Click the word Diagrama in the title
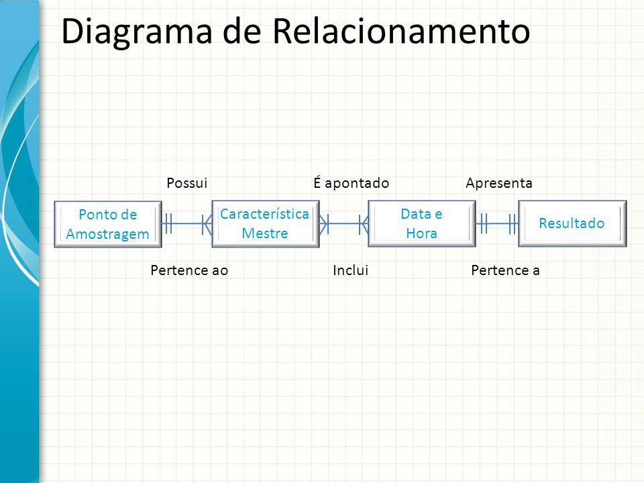(x=137, y=32)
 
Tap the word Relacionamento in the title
(x=401, y=31)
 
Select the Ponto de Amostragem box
(x=108, y=224)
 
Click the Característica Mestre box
(x=266, y=224)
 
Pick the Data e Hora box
(x=422, y=224)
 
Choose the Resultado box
(x=572, y=223)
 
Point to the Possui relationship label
(x=187, y=183)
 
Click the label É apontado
(x=351, y=182)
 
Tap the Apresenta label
(x=499, y=183)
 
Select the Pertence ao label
(x=189, y=270)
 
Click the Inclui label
(x=350, y=270)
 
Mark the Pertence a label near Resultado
(x=505, y=270)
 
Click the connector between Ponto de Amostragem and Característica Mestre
(x=187, y=224)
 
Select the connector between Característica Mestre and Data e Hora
(x=343, y=224)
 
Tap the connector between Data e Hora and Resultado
(x=497, y=224)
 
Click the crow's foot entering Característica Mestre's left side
(x=207, y=224)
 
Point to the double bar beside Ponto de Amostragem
(x=168, y=224)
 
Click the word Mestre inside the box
(x=265, y=233)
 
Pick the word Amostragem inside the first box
(x=107, y=235)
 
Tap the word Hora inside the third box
(x=421, y=233)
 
